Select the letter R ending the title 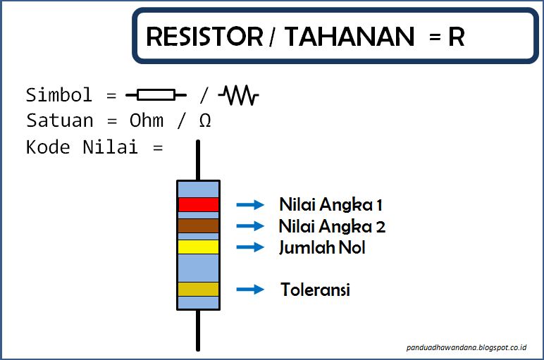pos(457,36)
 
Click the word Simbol pos(59,95)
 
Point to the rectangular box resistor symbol pos(156,95)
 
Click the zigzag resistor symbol pos(239,95)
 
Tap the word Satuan pos(59,120)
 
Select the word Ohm pos(146,120)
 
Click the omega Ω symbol pos(204,121)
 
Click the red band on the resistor pos(198,204)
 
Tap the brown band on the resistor pos(198,225)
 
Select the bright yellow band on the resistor pos(198,247)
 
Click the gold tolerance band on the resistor pos(198,289)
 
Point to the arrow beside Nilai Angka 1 pos(249,205)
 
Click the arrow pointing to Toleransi pos(249,290)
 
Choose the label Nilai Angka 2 pos(332,227)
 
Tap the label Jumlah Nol pos(322,248)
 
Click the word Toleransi pos(315,290)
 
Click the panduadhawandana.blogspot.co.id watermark pos(466,347)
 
